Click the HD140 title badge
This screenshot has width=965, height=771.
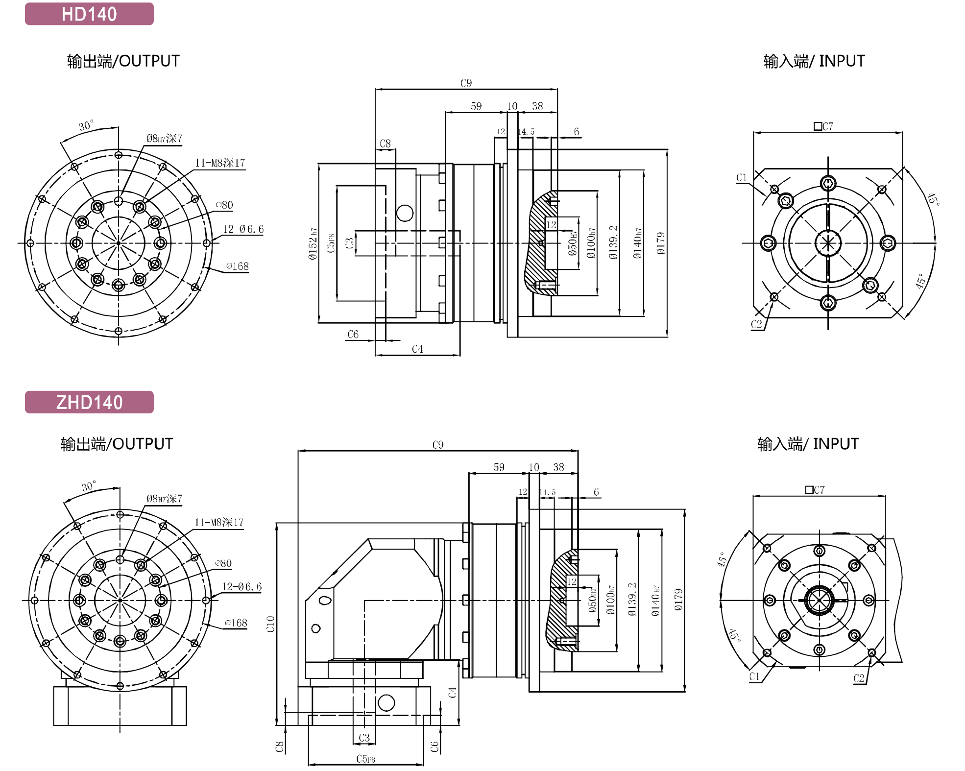(89, 14)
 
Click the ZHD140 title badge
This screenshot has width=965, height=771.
(89, 402)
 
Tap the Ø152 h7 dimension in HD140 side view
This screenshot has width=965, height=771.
(313, 243)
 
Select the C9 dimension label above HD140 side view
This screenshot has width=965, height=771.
(466, 83)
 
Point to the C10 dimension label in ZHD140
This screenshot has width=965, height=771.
(270, 624)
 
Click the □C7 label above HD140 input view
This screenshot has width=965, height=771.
(823, 126)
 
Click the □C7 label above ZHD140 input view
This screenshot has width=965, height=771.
(815, 490)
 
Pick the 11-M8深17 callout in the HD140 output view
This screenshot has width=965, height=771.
(220, 163)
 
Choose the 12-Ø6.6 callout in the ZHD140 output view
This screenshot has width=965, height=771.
(242, 586)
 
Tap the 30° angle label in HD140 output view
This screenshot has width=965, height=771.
(86, 125)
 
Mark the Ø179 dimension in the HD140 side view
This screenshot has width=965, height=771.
(661, 243)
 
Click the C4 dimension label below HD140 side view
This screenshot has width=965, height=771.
(417, 349)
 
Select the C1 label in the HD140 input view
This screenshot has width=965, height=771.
(742, 177)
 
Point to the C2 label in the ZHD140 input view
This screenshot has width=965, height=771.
(859, 678)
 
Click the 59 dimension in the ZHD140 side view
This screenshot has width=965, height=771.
(499, 467)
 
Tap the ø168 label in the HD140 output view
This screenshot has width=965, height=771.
(238, 266)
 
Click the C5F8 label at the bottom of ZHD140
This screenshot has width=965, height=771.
(365, 759)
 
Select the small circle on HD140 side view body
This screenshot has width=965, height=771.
(405, 213)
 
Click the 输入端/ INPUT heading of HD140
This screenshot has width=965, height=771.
(814, 61)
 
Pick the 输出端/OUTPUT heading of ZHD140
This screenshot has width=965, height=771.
(117, 444)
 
